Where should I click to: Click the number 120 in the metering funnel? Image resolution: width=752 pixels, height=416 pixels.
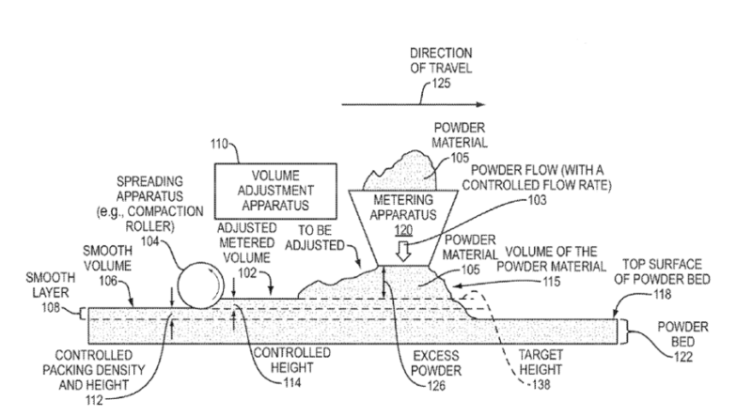(x=403, y=229)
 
